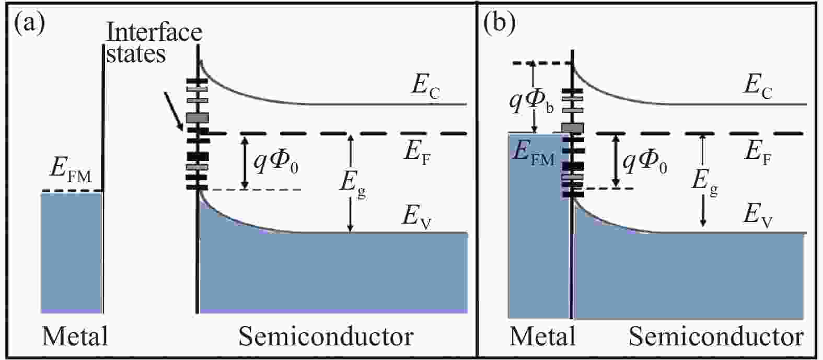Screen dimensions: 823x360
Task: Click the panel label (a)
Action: pos(29,25)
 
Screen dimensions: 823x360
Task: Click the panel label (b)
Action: pos(500,25)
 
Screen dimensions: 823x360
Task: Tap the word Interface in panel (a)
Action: pos(154,32)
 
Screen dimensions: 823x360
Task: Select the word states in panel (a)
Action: pos(136,54)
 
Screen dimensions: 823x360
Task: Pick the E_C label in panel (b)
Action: pos(758,88)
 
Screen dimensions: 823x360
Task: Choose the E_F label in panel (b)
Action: pos(758,153)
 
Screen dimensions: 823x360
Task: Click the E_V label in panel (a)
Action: pos(416,217)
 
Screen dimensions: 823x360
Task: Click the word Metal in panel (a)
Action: pos(75,336)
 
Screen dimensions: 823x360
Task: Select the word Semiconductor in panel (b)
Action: pos(716,336)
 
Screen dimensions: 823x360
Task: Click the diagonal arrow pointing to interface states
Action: pos(173,111)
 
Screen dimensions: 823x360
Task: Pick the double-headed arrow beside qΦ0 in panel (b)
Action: pos(617,161)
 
